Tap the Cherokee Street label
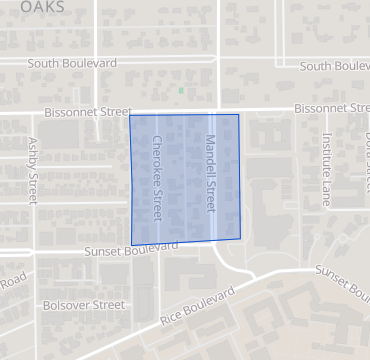[x=156, y=178]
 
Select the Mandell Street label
[x=211, y=171]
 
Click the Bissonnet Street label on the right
[x=330, y=108]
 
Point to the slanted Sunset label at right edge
[x=342, y=281]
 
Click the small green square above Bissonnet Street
[x=181, y=90]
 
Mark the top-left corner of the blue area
[x=130, y=115]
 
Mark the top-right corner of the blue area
[x=238, y=114]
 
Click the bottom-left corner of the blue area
[x=132, y=245]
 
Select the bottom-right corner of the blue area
[x=244, y=239]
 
